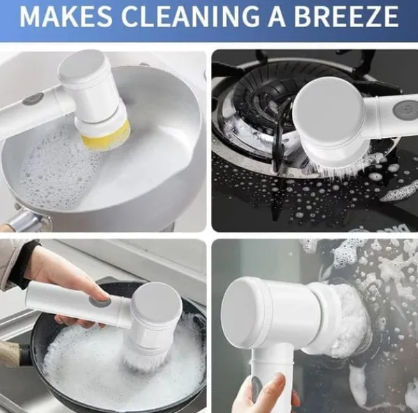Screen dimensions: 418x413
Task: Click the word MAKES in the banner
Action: coord(66,16)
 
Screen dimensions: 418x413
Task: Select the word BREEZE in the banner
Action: coord(346,16)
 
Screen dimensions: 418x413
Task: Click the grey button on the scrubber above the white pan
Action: coord(33,99)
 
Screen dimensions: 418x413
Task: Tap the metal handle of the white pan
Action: coord(23,220)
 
